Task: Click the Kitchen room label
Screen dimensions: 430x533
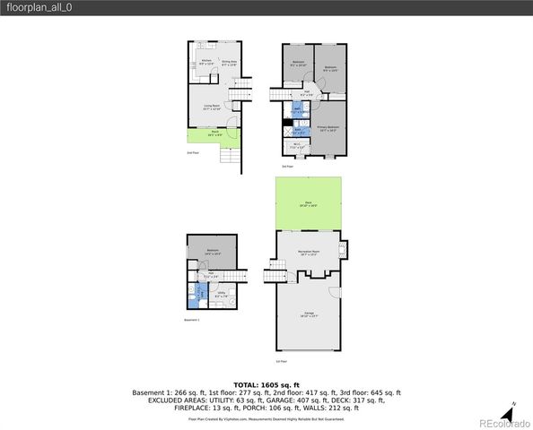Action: point(206,63)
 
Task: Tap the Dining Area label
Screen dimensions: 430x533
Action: point(228,63)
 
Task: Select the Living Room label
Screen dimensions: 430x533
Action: point(212,107)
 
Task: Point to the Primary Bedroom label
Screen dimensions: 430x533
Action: point(328,128)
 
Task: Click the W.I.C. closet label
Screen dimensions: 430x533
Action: point(297,147)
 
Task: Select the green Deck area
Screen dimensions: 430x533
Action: point(309,203)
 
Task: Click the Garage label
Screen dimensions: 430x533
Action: point(308,314)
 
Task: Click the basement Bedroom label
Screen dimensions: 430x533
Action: point(213,252)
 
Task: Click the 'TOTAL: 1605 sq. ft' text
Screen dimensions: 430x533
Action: point(266,383)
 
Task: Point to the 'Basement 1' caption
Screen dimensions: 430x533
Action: point(191,320)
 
